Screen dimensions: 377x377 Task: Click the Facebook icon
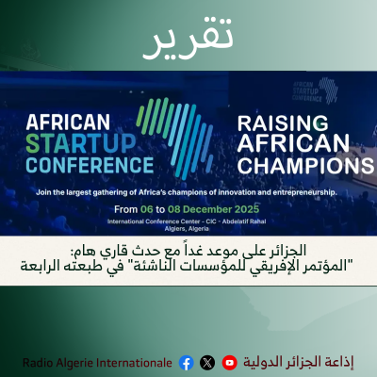186,362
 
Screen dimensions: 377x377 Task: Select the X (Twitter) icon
207,362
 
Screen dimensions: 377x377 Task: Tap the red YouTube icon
229,362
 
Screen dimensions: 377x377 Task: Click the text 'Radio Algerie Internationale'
97,362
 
